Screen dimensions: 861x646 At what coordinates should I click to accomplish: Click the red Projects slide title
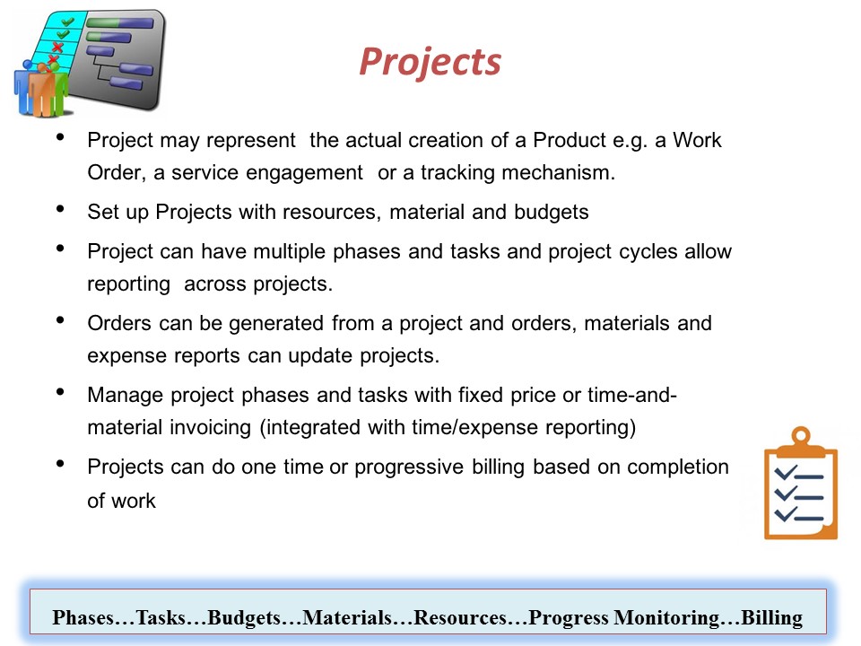click(x=430, y=62)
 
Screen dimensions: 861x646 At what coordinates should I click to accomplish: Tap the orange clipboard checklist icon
click(x=801, y=484)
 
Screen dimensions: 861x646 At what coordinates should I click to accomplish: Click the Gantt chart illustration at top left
click(x=90, y=63)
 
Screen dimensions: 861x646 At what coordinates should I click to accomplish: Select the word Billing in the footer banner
click(x=771, y=617)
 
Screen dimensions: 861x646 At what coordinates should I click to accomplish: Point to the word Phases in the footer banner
click(x=83, y=617)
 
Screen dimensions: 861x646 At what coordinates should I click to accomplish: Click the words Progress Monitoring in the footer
click(x=623, y=618)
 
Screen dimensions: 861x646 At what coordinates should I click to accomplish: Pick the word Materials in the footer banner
click(x=347, y=617)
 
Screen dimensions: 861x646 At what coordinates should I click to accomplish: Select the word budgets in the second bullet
click(x=552, y=212)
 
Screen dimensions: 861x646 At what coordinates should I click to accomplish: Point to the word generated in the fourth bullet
click(x=275, y=324)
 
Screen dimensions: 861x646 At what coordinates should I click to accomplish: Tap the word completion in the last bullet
click(x=678, y=467)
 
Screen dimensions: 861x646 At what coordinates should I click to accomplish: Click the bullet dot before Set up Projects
click(x=60, y=209)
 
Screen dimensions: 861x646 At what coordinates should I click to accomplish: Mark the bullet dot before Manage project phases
click(x=60, y=392)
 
